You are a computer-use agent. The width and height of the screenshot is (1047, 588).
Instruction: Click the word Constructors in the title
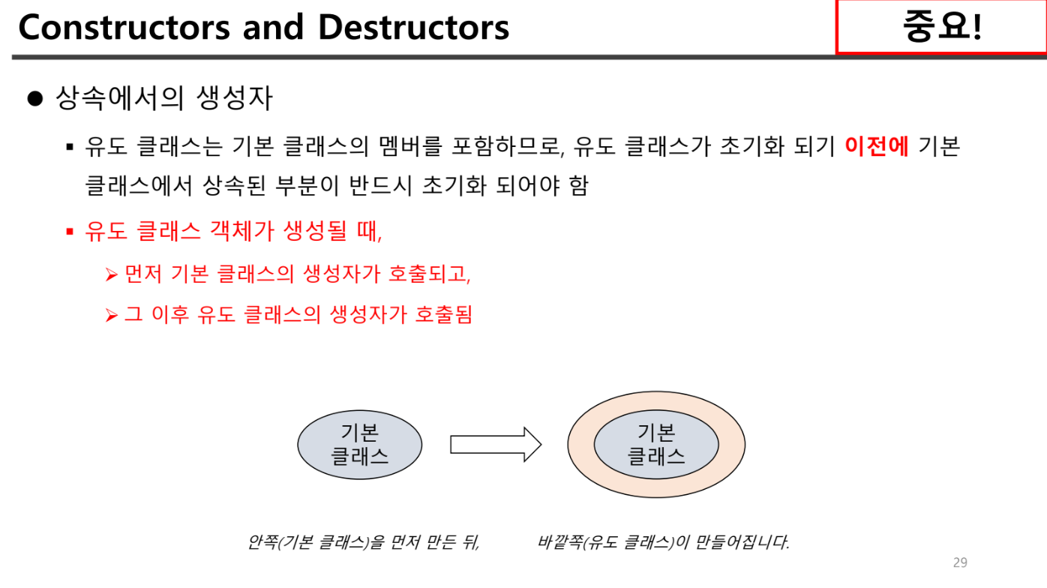(x=124, y=28)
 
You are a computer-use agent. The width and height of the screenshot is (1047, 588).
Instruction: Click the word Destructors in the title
(x=413, y=28)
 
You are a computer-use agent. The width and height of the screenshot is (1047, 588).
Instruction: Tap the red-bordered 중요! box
(x=940, y=27)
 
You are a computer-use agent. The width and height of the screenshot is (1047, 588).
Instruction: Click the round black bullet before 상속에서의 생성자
(x=34, y=99)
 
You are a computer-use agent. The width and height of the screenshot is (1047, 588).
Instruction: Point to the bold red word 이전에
(x=876, y=145)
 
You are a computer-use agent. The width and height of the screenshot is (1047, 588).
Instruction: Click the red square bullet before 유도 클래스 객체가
(x=70, y=231)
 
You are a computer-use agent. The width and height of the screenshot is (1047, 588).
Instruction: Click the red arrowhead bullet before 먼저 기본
(x=112, y=275)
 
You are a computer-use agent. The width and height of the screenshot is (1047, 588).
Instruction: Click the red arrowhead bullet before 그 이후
(x=112, y=315)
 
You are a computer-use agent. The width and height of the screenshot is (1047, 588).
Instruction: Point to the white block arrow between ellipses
(x=496, y=444)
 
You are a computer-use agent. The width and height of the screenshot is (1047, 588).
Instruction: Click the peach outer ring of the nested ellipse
(x=656, y=404)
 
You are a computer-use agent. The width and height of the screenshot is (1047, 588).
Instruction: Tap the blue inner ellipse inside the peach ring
(x=656, y=444)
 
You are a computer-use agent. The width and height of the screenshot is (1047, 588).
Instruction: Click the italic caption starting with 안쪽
(x=363, y=542)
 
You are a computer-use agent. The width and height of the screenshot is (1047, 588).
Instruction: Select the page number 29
(x=960, y=562)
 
